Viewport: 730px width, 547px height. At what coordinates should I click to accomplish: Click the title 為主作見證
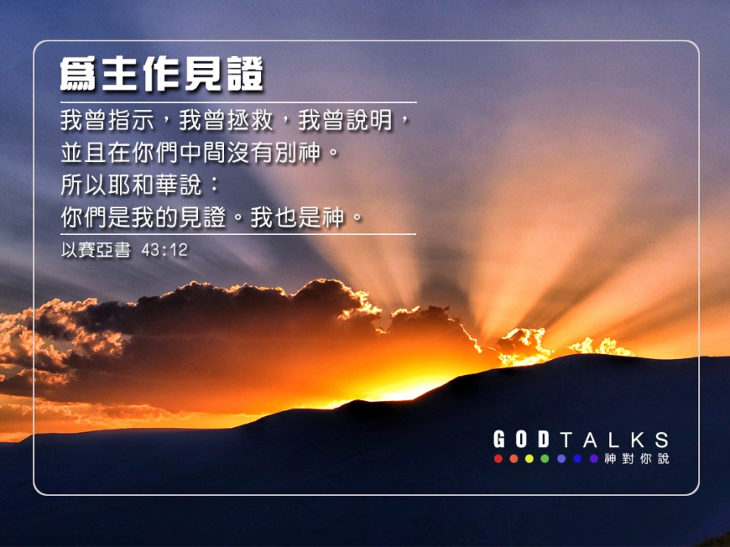click(161, 75)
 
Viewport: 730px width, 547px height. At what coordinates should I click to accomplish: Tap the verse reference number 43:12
click(165, 250)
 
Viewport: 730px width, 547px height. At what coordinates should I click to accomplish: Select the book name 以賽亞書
click(96, 250)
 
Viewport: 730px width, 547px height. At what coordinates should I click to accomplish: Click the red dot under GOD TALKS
click(498, 459)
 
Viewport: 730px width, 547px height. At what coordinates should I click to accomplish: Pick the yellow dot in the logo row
click(530, 459)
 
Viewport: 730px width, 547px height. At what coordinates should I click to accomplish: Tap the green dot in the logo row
click(545, 459)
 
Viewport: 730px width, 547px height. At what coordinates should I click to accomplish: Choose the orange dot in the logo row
click(513, 459)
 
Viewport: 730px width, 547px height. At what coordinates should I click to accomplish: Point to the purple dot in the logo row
click(594, 459)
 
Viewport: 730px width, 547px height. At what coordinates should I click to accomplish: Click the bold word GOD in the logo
click(522, 439)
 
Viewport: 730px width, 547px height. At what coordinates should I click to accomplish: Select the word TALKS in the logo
click(615, 439)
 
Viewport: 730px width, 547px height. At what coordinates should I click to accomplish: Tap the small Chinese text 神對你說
click(637, 459)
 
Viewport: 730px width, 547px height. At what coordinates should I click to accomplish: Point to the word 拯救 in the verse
click(250, 120)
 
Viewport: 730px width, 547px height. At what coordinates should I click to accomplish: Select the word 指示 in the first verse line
click(131, 120)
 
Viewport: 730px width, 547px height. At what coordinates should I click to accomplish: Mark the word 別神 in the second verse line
click(298, 152)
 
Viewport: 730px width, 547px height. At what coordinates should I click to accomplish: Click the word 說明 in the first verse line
click(369, 120)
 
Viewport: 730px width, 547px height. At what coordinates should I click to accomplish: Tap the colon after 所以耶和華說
click(214, 185)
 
